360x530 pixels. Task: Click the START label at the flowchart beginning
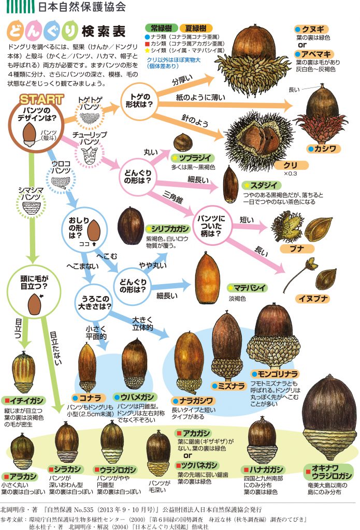pyautogui.click(x=42, y=98)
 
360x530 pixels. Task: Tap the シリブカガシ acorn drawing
pyautogui.click(x=131, y=226)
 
